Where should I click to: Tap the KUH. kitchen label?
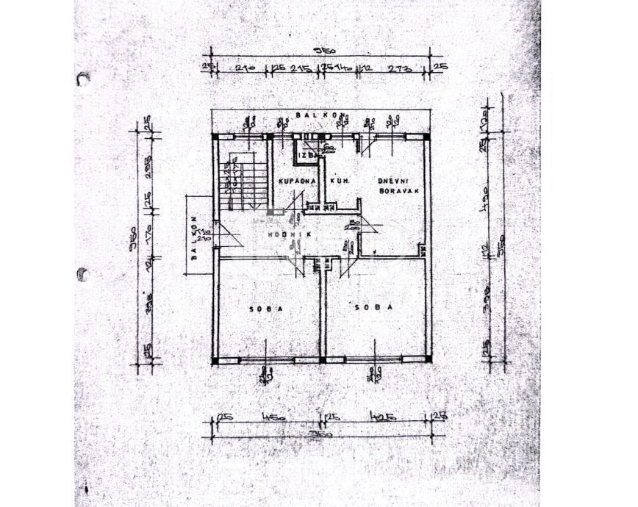pos(339,180)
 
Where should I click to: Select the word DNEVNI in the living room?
pos(393,180)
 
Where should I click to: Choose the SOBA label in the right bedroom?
pos(375,308)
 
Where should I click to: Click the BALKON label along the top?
pos(317,115)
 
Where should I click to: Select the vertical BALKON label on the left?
pos(196,237)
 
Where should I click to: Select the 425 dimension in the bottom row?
pos(381,418)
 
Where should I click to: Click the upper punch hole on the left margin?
pos(82,79)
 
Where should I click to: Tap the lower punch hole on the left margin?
pos(82,275)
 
